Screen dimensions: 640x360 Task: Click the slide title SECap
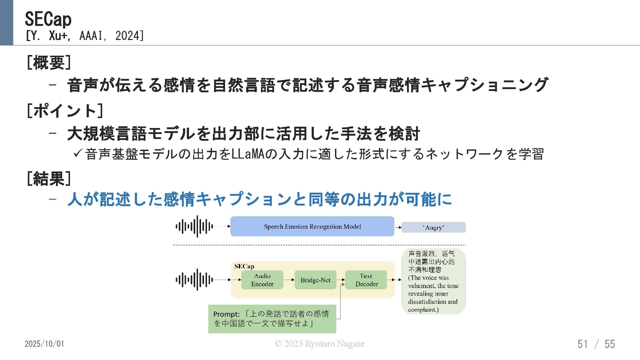[48, 19]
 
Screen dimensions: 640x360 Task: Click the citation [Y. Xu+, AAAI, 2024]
[85, 36]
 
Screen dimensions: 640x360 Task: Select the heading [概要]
[49, 62]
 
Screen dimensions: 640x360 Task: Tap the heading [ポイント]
[65, 111]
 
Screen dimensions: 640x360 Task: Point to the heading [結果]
[49, 179]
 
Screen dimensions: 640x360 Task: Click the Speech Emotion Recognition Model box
[312, 227]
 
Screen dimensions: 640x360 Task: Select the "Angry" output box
[433, 228]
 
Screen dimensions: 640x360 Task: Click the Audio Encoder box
[262, 280]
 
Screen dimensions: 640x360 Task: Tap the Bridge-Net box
[315, 280]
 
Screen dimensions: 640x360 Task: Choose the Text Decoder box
[366, 280]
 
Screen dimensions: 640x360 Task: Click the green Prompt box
[272, 319]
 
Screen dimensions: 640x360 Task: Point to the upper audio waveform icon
[194, 227]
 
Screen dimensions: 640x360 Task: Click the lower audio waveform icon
[194, 280]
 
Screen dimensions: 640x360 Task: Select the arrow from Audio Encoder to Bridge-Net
[289, 280]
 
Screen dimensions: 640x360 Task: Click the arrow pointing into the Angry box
[398, 228]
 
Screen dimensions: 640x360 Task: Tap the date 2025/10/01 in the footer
[44, 344]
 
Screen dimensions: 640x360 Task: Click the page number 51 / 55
[596, 344]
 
